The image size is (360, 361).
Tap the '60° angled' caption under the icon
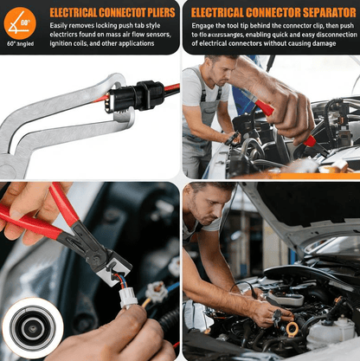pyautogui.click(x=20, y=42)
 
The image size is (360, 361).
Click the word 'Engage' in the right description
pyautogui.click(x=202, y=27)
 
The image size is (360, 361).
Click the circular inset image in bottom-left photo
pyautogui.click(x=31, y=328)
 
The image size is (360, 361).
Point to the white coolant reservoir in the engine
pyautogui.click(x=329, y=332)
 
